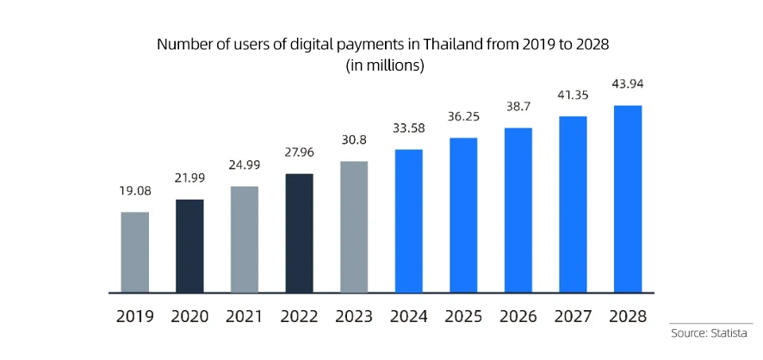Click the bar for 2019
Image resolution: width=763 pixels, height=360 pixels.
[x=134, y=251]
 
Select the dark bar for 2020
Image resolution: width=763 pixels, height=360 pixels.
[x=189, y=245]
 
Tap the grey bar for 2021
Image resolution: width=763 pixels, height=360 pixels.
[x=245, y=239]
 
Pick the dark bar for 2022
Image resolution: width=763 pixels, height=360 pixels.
[x=299, y=233]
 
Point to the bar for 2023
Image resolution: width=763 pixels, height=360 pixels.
[x=354, y=227]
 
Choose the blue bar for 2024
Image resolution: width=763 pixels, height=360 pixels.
[x=409, y=220]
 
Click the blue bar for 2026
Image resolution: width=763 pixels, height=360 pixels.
[x=518, y=209]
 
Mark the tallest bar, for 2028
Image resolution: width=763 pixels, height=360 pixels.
[x=628, y=198]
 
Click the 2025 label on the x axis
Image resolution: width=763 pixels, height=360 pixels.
[x=463, y=316]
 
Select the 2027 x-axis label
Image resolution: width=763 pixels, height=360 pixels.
[x=573, y=316]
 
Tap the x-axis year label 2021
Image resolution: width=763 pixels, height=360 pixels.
[x=245, y=316]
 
